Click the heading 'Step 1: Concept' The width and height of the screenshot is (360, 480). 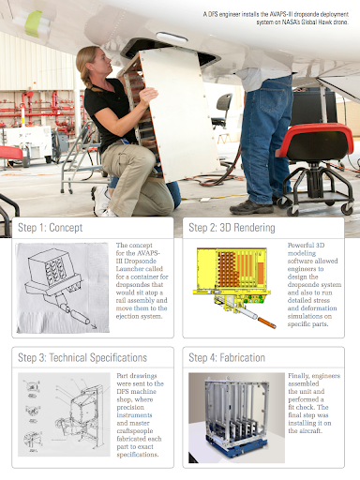pyautogui.click(x=51, y=228)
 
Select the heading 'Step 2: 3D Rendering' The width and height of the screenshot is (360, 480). pyautogui.click(x=232, y=228)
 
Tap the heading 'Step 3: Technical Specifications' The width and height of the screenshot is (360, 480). pyautogui.click(x=82, y=358)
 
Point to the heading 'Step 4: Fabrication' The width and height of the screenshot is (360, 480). pyautogui.click(x=227, y=358)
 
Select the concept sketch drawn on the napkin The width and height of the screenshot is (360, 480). pyautogui.click(x=63, y=288)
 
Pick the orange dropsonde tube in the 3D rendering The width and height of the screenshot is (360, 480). pyautogui.click(x=266, y=322)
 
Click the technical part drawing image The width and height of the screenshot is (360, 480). pyautogui.click(x=64, y=414)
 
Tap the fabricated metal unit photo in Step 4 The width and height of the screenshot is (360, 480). pyautogui.click(x=236, y=418)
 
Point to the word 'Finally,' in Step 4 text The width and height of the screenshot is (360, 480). pyautogui.click(x=299, y=376)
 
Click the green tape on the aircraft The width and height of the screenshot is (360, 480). pyautogui.click(x=34, y=22)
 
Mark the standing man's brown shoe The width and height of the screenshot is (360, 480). pyautogui.click(x=251, y=207)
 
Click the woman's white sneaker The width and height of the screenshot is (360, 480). pyautogui.click(x=100, y=202)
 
